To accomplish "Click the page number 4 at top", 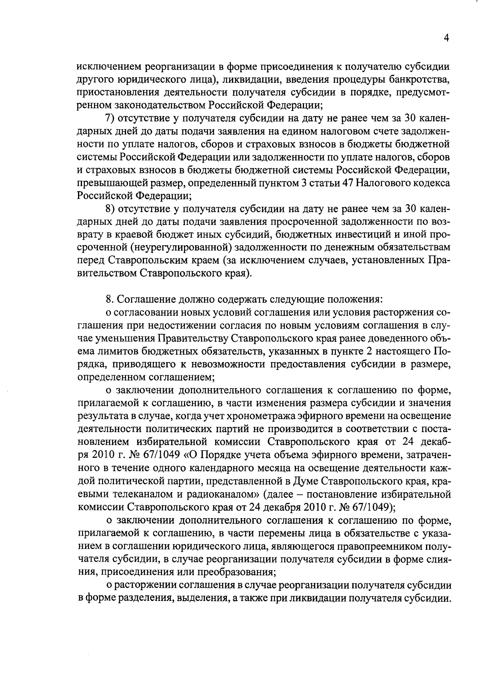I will [x=446, y=38].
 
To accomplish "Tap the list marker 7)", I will [x=110, y=118].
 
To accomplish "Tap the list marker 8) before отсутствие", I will [x=110, y=209].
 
